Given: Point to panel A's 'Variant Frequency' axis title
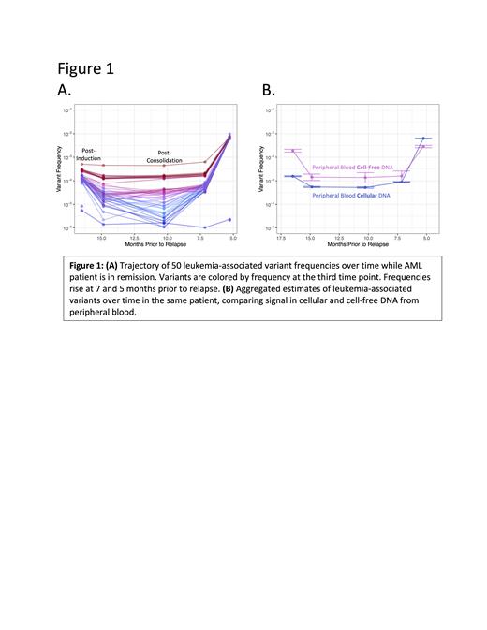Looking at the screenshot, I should tap(62, 172).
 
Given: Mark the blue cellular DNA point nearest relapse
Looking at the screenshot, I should tap(423, 139).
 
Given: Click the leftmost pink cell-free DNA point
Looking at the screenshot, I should tap(294, 150).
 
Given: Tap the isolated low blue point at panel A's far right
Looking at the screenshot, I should tap(229, 220).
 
